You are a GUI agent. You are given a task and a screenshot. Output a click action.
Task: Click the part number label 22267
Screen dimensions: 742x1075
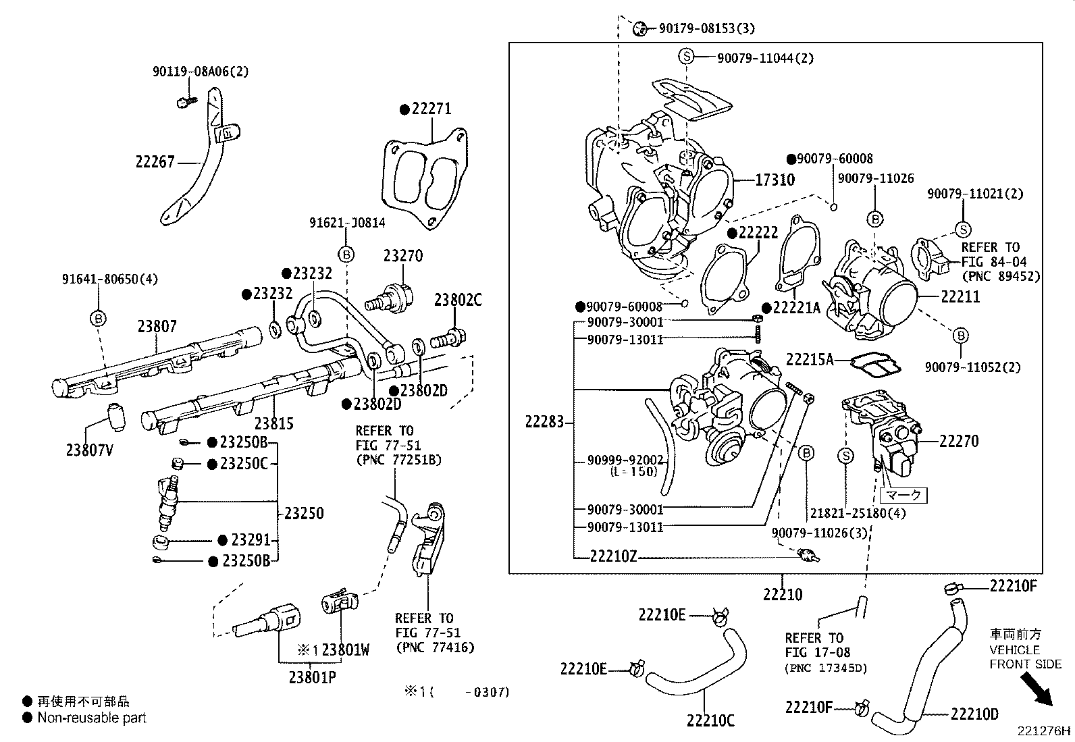pyautogui.click(x=155, y=161)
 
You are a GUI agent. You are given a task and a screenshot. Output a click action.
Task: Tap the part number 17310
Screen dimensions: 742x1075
pyautogui.click(x=775, y=180)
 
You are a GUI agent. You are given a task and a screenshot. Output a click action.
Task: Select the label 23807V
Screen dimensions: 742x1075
pyautogui.click(x=89, y=449)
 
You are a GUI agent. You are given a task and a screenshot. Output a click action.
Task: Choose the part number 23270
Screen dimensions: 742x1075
pyautogui.click(x=403, y=256)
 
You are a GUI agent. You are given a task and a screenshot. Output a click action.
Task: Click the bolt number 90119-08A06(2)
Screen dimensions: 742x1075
pyautogui.click(x=201, y=71)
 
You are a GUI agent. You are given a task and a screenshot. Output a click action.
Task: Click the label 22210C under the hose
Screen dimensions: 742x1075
pyautogui.click(x=710, y=720)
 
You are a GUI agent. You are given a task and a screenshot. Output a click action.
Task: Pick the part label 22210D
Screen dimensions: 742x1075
pyautogui.click(x=974, y=714)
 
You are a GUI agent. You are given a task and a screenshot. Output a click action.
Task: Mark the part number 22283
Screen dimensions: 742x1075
pyautogui.click(x=544, y=423)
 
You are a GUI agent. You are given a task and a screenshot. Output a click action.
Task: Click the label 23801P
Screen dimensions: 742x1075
pyautogui.click(x=313, y=677)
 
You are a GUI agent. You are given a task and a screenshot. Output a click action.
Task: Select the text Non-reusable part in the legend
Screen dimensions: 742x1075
pyautogui.click(x=92, y=718)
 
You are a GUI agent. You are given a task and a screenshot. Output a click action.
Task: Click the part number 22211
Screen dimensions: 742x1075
pyautogui.click(x=960, y=296)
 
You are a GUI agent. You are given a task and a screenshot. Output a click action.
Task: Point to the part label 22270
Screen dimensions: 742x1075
pyautogui.click(x=959, y=441)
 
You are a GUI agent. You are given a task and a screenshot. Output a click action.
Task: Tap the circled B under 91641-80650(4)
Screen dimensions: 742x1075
pyautogui.click(x=98, y=318)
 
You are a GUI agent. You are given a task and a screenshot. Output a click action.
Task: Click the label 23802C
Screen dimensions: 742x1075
pyautogui.click(x=458, y=300)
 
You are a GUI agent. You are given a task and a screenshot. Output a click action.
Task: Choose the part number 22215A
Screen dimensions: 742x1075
pyautogui.click(x=810, y=359)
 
